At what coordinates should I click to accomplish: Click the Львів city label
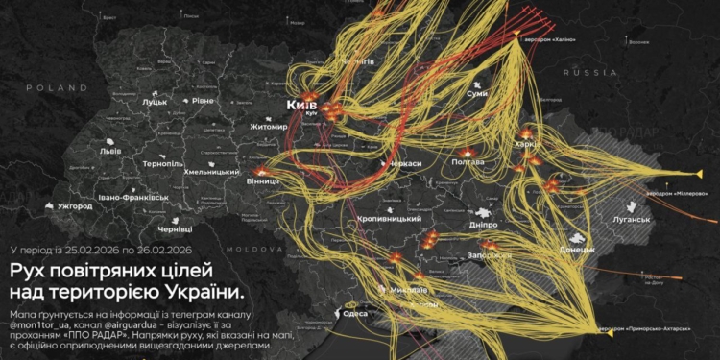pyautogui.click(x=110, y=151)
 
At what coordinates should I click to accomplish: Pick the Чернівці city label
pyautogui.click(x=174, y=228)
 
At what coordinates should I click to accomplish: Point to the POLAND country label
pyautogui.click(x=44, y=87)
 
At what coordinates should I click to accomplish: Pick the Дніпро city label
pyautogui.click(x=483, y=224)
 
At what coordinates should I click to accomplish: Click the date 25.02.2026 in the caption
pyautogui.click(x=91, y=250)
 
